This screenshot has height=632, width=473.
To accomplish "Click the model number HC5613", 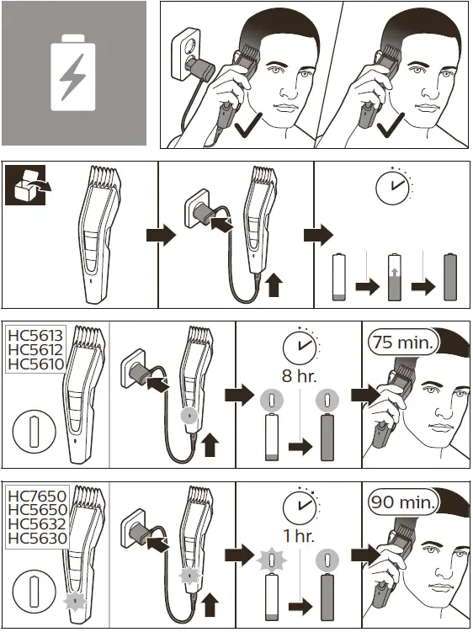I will click(x=35, y=334).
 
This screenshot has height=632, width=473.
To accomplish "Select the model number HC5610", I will click(x=35, y=364).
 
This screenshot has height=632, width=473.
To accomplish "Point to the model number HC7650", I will click(x=36, y=496).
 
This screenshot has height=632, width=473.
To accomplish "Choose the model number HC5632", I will click(x=36, y=524).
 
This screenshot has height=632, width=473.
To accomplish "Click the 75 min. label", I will click(x=402, y=343).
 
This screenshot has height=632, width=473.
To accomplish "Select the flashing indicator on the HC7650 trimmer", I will click(x=77, y=603).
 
